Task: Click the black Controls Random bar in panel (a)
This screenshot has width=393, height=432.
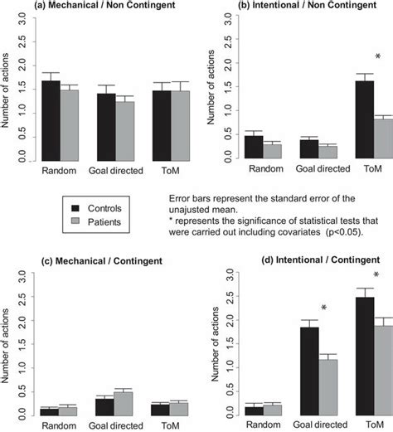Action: pyautogui.click(x=51, y=120)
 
